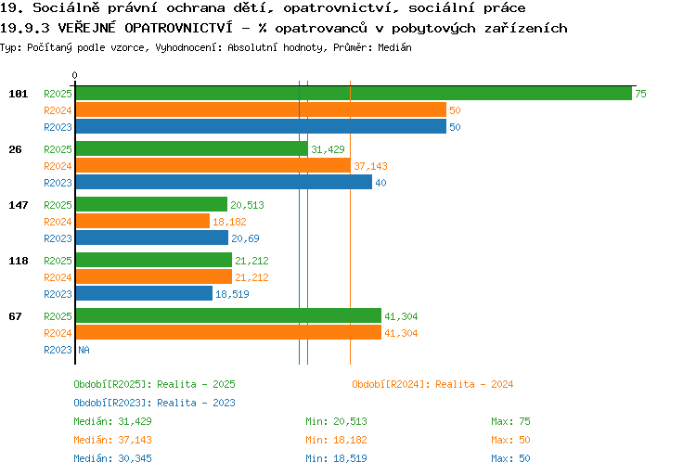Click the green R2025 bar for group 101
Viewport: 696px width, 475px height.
tap(354, 93)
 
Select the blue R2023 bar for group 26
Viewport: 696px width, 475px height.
tap(224, 182)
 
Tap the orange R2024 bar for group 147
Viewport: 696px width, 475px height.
tap(143, 221)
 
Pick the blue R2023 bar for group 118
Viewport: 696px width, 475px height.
tap(144, 293)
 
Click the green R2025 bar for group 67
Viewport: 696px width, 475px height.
tap(228, 315)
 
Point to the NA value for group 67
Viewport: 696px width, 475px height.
tap(84, 350)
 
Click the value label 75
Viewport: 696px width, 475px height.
tap(640, 94)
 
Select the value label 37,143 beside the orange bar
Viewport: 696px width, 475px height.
tap(370, 166)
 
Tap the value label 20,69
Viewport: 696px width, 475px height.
tap(245, 238)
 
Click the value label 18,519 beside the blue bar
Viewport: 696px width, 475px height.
tap(232, 294)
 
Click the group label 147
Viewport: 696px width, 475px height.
tap(19, 205)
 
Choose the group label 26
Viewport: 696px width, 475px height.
tap(15, 149)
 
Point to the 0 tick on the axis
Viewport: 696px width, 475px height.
tap(74, 75)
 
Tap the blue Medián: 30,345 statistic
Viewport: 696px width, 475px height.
tap(112, 458)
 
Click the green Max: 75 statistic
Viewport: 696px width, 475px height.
tap(510, 421)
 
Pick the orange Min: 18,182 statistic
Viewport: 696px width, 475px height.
tap(336, 440)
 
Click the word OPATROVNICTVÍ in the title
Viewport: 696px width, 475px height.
tap(178, 28)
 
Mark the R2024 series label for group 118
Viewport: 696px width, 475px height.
tap(58, 277)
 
